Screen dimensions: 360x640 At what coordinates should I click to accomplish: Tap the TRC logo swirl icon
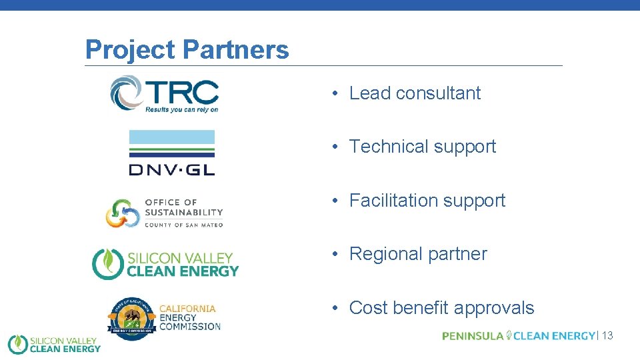126,93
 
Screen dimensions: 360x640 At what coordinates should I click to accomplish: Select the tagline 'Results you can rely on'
182,109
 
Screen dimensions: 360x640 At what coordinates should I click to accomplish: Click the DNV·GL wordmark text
172,169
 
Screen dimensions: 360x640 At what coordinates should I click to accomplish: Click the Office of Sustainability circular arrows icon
122,213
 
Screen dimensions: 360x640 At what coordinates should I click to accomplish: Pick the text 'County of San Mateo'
184,225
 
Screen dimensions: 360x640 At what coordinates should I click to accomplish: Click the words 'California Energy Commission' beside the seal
189,317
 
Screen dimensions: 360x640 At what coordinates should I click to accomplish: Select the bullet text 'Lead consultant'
415,93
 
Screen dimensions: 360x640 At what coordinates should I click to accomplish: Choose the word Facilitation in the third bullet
394,201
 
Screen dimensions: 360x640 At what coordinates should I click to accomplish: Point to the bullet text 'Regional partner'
418,254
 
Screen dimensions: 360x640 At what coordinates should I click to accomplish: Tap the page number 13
607,336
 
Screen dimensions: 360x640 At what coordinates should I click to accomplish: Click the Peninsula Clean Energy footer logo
518,336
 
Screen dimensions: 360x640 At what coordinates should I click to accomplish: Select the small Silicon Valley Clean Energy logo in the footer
53,345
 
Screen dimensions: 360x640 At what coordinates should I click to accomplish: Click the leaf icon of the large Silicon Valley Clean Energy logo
105,264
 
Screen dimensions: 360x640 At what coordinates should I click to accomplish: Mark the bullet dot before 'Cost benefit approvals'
338,309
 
